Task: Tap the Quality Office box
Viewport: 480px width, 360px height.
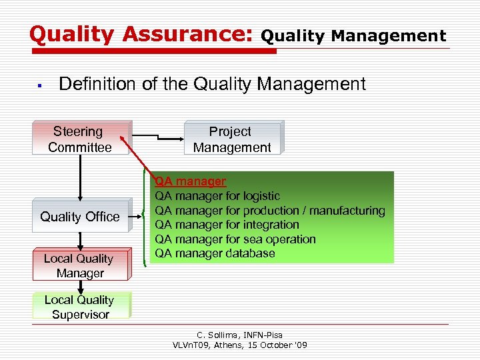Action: [80, 217]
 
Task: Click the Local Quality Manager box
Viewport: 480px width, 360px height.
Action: [79, 265]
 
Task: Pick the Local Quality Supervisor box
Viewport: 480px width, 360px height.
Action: [80, 307]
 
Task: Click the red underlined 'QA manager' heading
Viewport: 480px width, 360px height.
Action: [191, 181]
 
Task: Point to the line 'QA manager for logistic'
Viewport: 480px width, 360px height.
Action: [217, 196]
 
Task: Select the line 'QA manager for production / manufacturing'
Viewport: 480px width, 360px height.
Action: [270, 211]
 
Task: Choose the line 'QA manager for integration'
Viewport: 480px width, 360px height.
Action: [227, 225]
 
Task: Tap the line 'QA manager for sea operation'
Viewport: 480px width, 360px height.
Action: [235, 239]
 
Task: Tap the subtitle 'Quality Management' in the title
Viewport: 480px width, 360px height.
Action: [353, 36]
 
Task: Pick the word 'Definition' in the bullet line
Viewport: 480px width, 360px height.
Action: [91, 84]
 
